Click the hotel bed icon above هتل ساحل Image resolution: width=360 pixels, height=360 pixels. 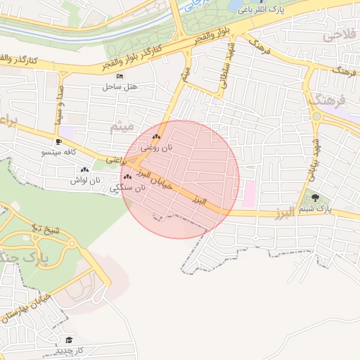click(120, 76)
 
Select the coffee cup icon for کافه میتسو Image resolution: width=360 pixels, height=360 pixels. click(58, 141)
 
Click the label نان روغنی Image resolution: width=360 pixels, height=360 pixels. click(156, 148)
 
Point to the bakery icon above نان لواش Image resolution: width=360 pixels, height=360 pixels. click(84, 169)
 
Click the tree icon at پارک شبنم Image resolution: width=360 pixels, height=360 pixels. click(314, 198)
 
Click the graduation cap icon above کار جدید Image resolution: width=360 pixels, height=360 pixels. click(68, 340)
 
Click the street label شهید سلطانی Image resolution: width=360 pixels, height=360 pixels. click(227, 65)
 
